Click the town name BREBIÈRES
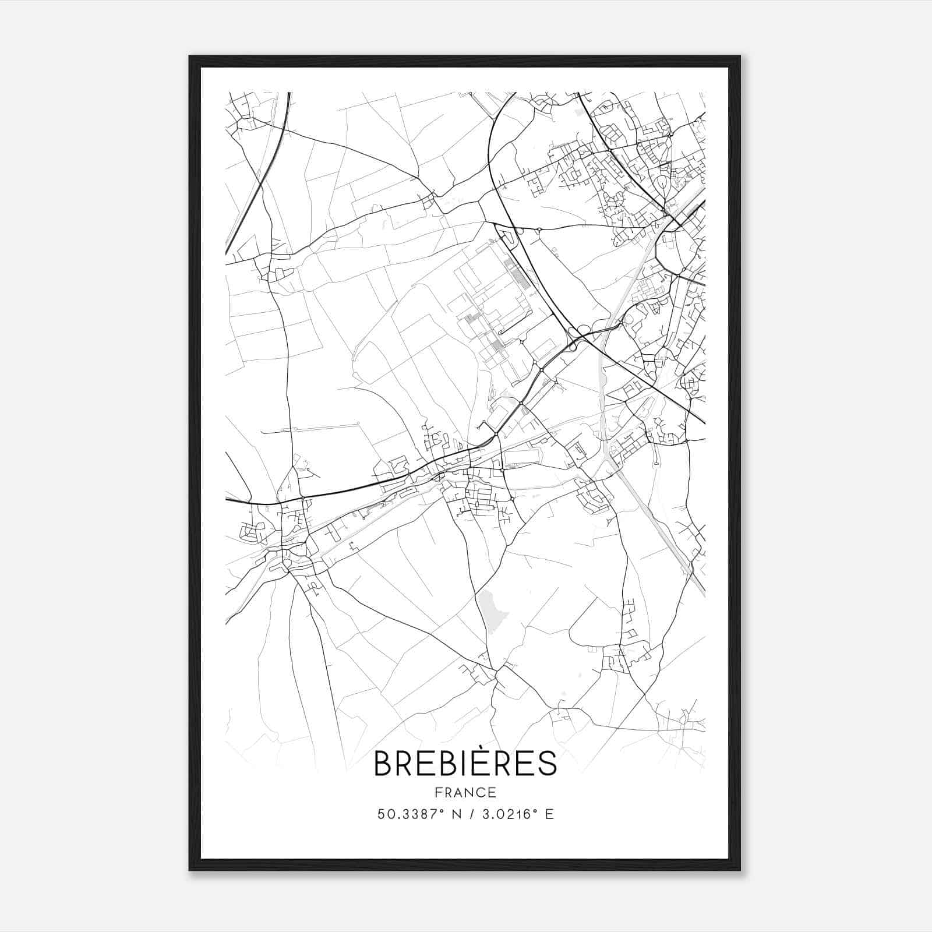(x=465, y=764)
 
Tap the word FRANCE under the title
(x=465, y=792)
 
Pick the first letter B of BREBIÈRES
(x=384, y=764)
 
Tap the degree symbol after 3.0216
(x=535, y=810)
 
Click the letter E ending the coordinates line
(x=549, y=814)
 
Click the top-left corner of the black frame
(x=190, y=57)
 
